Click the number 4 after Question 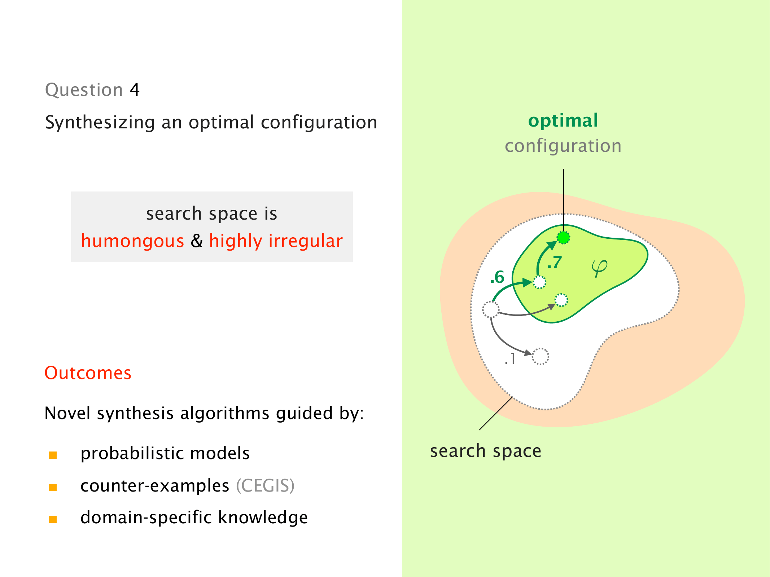tap(135, 89)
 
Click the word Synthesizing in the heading tap(100, 123)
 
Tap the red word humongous tap(132, 241)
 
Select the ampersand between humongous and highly tap(197, 241)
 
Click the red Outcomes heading tap(88, 373)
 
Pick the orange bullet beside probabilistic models tap(53, 455)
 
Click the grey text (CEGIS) tap(265, 486)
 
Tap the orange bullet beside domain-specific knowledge tap(53, 519)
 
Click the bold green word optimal tap(563, 120)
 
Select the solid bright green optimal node tap(564, 238)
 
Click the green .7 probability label tap(555, 263)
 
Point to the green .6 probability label tap(497, 277)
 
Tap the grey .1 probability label tap(510, 359)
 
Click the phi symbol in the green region tap(599, 268)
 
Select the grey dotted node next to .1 tap(540, 356)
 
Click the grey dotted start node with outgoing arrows tap(491, 309)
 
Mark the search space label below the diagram tap(485, 451)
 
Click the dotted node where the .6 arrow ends tap(539, 282)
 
